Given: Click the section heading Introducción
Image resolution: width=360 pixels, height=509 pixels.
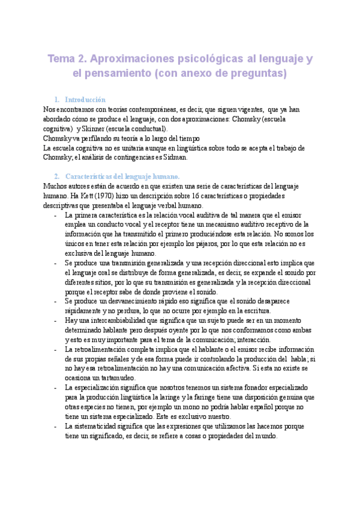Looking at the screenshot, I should point(85,100).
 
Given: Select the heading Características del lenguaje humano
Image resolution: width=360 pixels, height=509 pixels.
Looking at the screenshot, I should point(122,176).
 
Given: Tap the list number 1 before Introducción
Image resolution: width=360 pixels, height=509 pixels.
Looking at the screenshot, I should point(56,100).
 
